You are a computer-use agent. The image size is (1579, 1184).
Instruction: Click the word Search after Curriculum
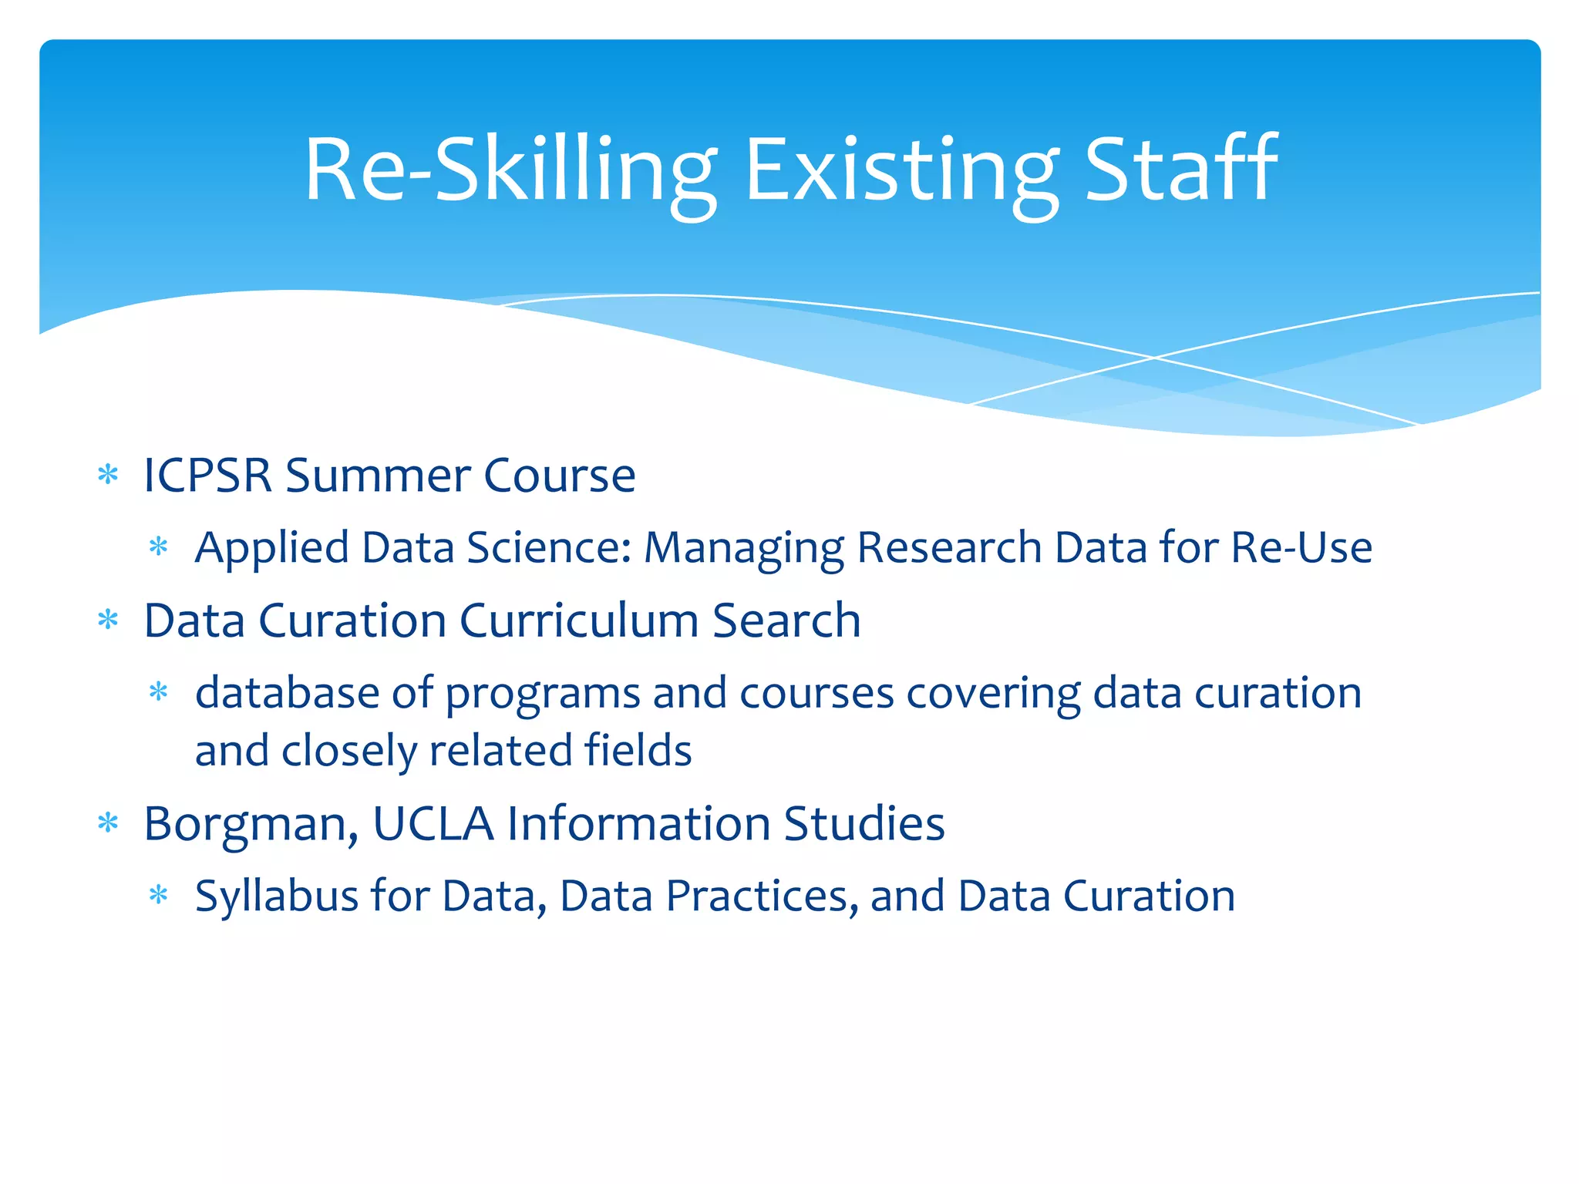(786, 621)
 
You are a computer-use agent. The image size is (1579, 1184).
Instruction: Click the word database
(287, 692)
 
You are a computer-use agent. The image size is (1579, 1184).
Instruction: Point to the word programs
(542, 694)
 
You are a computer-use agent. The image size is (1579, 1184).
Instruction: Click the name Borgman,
(251, 824)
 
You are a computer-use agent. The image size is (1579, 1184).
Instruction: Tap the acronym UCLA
(433, 823)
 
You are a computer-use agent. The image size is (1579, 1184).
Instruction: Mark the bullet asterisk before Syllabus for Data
(159, 896)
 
